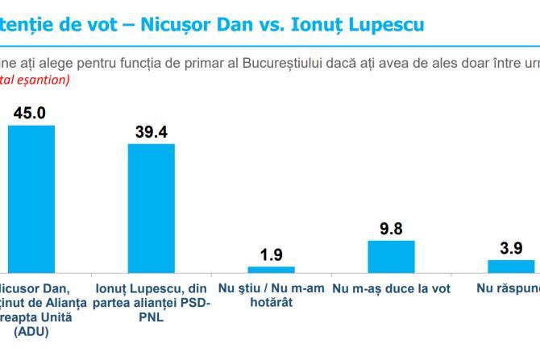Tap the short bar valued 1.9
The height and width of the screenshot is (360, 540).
pyautogui.click(x=271, y=269)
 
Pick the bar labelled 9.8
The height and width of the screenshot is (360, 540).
pyautogui.click(x=391, y=256)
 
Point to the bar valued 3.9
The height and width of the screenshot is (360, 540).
pyautogui.click(x=511, y=266)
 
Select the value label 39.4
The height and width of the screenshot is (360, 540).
pyautogui.click(x=151, y=132)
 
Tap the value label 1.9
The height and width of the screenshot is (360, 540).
pyautogui.click(x=272, y=255)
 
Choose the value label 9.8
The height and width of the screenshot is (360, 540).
pyautogui.click(x=391, y=229)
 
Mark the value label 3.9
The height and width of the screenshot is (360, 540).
pyautogui.click(x=511, y=248)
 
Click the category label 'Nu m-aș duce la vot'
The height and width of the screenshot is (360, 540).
pyautogui.click(x=391, y=288)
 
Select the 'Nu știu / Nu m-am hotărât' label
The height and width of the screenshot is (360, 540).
pyautogui.click(x=271, y=295)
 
